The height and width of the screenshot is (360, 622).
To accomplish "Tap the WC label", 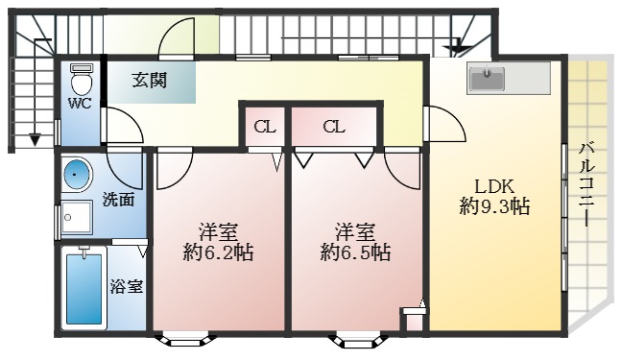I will coord(79,104).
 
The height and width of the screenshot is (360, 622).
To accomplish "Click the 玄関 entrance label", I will coord(150,81).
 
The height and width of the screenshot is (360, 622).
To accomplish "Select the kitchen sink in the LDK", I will coord(487,80).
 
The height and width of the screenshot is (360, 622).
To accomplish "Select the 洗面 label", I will coord(117,202).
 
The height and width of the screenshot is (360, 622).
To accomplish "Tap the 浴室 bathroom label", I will coord(126,285).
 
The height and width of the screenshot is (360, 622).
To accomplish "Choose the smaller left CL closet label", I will coord(264,127).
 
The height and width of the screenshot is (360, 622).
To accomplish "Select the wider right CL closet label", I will coord(333,127).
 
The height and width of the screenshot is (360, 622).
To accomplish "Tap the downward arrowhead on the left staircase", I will coord(36,141).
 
